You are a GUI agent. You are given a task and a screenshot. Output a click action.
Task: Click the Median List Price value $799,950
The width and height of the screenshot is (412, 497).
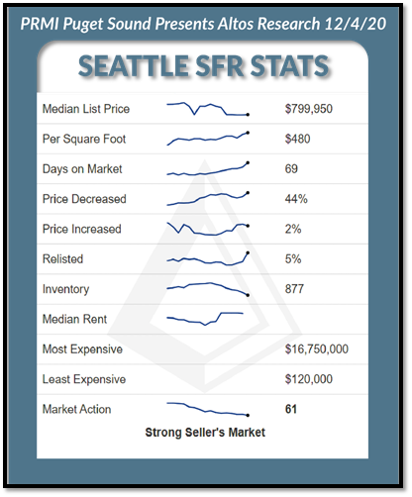(x=309, y=109)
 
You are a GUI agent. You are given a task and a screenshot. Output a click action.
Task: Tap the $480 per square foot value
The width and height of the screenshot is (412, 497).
(x=297, y=139)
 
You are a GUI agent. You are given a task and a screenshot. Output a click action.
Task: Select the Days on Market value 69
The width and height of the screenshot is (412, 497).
(x=291, y=169)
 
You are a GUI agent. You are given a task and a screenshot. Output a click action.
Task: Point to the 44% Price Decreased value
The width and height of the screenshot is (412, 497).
(x=296, y=199)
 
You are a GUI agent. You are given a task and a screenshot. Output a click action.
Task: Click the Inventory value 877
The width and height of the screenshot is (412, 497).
(x=294, y=289)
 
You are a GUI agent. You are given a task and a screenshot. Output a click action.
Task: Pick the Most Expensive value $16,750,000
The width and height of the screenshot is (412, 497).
(x=317, y=349)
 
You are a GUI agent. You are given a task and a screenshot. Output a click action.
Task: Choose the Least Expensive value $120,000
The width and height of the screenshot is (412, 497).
(x=309, y=379)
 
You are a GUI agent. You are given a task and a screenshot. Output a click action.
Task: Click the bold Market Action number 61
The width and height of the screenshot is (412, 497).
(x=291, y=409)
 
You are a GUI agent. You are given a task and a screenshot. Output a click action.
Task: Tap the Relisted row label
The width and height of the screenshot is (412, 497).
(x=62, y=259)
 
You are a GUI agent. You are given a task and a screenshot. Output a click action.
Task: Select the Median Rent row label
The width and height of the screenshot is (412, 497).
(x=74, y=319)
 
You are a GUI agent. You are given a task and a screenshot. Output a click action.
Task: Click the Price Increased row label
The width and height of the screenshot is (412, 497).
(x=82, y=229)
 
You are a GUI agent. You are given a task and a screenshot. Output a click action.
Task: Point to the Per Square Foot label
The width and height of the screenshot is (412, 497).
(x=84, y=139)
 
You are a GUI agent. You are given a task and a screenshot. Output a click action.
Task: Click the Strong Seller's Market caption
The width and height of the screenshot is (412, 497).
(x=205, y=433)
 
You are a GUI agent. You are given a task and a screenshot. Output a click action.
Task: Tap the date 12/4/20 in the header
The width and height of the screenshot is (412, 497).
(x=356, y=24)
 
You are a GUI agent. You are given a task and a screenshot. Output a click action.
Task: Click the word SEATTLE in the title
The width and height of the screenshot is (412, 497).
(x=134, y=66)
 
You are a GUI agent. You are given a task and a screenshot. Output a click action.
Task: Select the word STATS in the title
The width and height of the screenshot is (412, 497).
(x=289, y=66)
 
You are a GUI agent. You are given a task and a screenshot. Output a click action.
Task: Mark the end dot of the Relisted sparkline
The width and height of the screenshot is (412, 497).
(x=248, y=252)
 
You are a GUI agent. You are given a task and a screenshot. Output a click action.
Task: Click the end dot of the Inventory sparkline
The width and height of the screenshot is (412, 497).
(x=248, y=295)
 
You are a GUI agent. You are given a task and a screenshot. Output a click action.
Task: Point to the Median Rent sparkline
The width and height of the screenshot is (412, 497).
(x=205, y=319)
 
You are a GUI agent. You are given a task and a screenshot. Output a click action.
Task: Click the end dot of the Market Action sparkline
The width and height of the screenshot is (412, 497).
(x=248, y=415)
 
